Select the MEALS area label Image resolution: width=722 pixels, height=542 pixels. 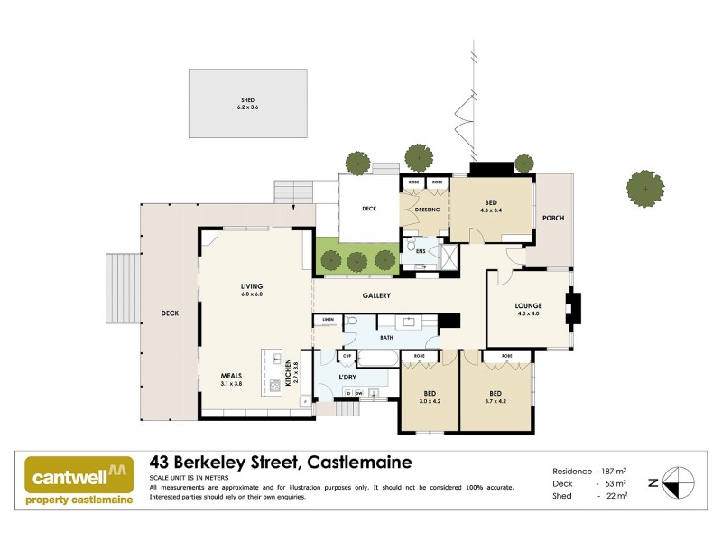tap(232, 375)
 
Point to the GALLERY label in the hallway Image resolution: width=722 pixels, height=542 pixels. tap(376, 295)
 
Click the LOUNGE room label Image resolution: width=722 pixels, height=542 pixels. tap(528, 305)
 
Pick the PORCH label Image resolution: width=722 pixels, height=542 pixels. tap(552, 218)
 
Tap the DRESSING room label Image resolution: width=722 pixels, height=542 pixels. tap(427, 210)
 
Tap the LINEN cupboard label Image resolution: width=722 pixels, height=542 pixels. tap(327, 320)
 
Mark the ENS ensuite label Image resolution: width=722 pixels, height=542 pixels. tap(421, 250)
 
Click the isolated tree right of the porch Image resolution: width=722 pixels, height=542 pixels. tap(646, 188)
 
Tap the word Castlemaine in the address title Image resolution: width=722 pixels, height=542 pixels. tap(360, 463)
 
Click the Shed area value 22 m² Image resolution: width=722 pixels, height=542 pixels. tap(614, 496)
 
